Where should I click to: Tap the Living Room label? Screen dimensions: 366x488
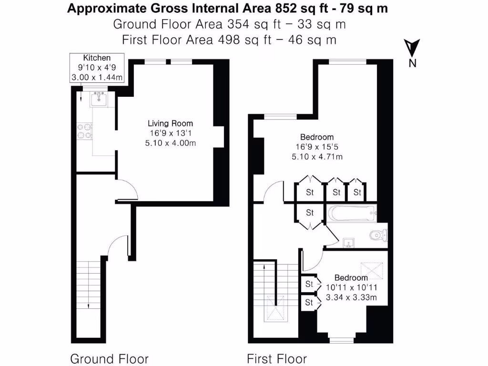(170, 123)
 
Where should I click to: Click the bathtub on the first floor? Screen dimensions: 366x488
(352, 213)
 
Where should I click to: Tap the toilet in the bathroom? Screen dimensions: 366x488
(379, 234)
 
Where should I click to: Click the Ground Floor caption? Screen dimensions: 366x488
(109, 358)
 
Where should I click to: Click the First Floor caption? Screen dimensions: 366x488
(276, 358)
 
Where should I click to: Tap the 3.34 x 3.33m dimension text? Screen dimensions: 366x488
(351, 297)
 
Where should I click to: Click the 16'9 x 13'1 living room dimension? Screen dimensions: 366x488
(170, 133)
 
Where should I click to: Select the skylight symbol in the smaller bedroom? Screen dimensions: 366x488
(372, 270)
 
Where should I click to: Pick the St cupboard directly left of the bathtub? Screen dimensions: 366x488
(310, 213)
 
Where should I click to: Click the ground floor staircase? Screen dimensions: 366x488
(89, 291)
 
